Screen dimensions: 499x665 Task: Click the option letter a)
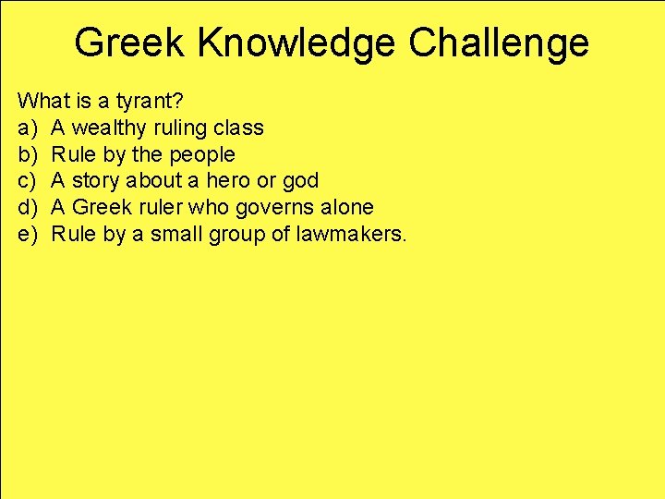(x=27, y=128)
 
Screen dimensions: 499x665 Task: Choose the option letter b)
(x=27, y=154)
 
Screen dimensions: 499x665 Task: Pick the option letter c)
(x=27, y=180)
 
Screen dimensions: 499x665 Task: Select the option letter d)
(x=27, y=207)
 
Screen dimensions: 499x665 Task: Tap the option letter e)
(x=27, y=234)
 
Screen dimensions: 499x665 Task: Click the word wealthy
(x=108, y=128)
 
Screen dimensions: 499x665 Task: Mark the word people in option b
(x=201, y=154)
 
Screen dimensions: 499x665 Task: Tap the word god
(x=300, y=180)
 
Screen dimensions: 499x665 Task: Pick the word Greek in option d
(x=101, y=207)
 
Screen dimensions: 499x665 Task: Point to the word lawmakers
(x=352, y=234)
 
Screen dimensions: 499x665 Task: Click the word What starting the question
(x=41, y=100)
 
